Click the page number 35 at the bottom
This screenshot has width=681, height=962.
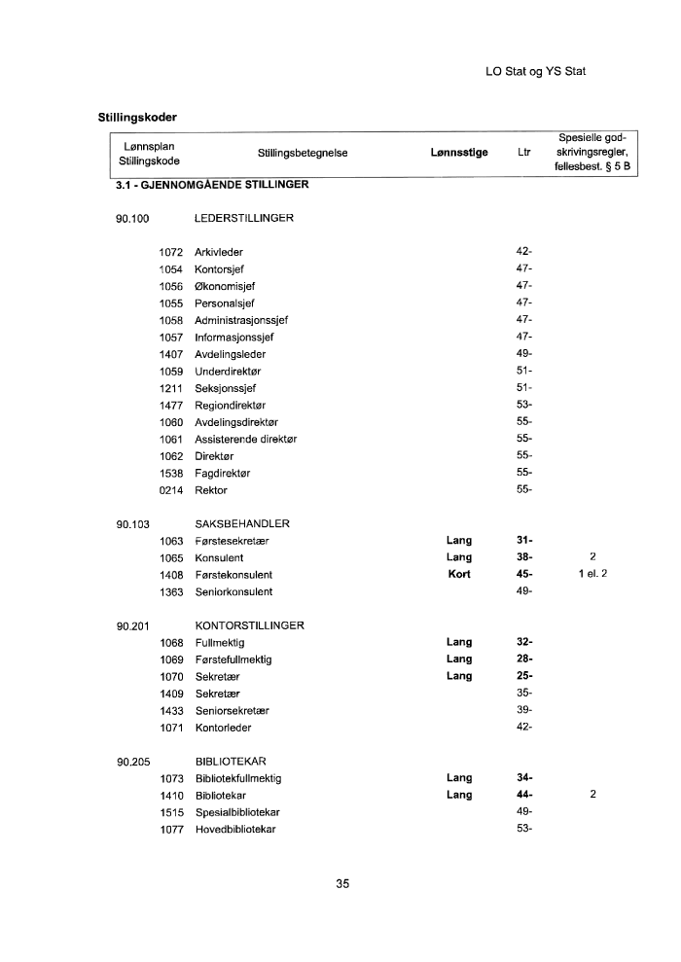click(x=341, y=884)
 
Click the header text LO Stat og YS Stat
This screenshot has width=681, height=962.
click(x=535, y=72)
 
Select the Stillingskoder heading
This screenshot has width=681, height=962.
click(x=137, y=119)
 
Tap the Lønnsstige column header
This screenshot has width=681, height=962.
click(x=458, y=153)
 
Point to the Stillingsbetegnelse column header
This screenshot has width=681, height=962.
click(x=303, y=153)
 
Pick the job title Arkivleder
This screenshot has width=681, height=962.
click(x=219, y=252)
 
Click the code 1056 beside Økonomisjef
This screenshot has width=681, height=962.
click(x=171, y=286)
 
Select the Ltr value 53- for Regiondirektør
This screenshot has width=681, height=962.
click(x=524, y=405)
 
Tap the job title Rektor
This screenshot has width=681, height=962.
click(x=211, y=490)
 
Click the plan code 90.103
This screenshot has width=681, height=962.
click(x=132, y=524)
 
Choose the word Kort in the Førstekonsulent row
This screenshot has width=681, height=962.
click(x=459, y=575)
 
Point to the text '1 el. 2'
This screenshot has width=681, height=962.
click(x=592, y=575)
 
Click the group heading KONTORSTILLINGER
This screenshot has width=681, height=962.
click(x=250, y=625)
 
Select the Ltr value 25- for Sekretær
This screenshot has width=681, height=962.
click(x=524, y=676)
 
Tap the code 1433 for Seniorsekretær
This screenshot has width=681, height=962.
click(x=171, y=710)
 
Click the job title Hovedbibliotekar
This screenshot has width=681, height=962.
click(x=235, y=829)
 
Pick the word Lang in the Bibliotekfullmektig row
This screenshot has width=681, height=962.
click(x=459, y=778)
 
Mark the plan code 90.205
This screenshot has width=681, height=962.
click(x=132, y=762)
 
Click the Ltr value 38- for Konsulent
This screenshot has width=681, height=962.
click(x=524, y=557)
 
